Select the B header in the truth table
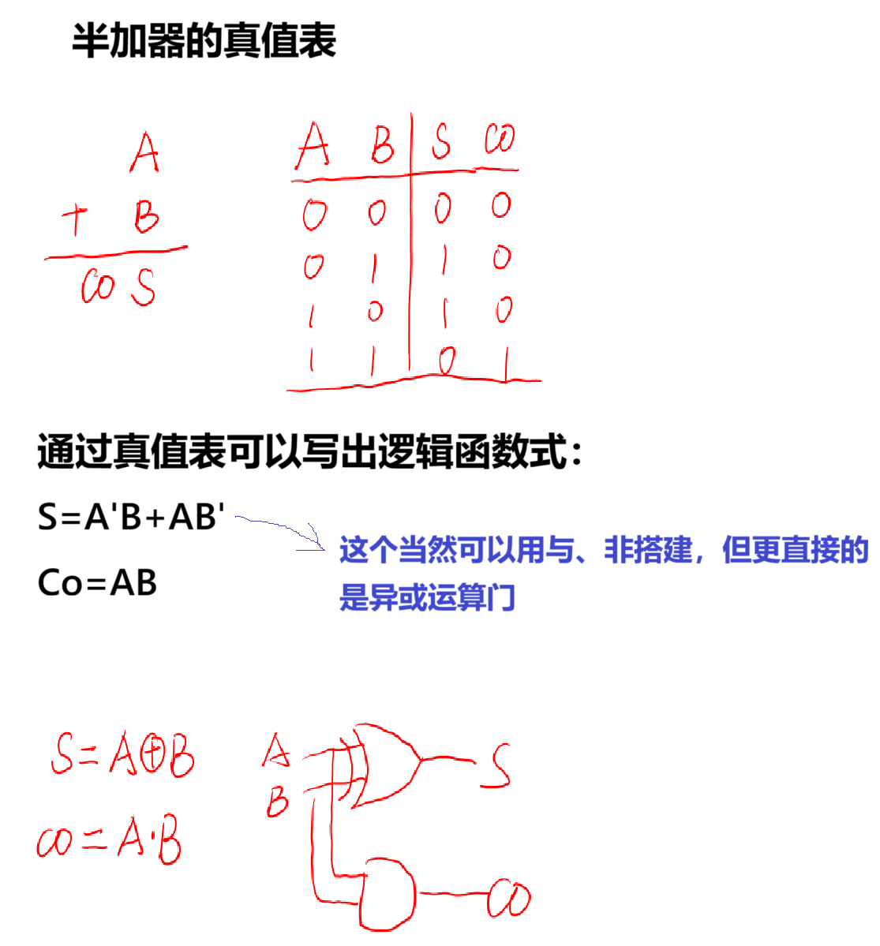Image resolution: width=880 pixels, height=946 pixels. (382, 144)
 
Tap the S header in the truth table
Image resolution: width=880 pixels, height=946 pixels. (442, 142)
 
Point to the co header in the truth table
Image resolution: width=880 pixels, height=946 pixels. (500, 140)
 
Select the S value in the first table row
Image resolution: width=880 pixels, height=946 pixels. (443, 208)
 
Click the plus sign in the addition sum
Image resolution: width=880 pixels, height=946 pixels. (75, 220)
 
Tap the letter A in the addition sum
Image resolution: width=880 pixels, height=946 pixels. (145, 153)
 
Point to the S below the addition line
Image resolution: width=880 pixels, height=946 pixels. (143, 288)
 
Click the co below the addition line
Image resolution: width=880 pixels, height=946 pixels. (98, 288)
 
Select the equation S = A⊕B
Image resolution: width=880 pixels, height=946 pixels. (122, 755)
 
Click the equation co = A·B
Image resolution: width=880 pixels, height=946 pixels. (109, 842)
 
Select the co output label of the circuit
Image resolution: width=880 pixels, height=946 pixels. (509, 899)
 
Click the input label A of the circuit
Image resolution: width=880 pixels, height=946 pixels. (276, 750)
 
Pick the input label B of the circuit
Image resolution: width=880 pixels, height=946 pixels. (278, 803)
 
